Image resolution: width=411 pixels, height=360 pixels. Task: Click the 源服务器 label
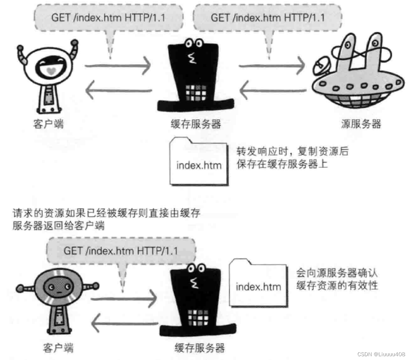coord(361,124)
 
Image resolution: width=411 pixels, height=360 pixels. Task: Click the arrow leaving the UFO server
coord(272,91)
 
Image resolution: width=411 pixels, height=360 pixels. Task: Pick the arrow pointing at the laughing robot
coord(118,90)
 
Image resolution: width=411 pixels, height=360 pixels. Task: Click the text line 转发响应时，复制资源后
coord(292,152)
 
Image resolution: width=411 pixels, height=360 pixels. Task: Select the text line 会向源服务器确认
coord(337,273)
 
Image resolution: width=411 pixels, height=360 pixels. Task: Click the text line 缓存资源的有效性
coord(337,285)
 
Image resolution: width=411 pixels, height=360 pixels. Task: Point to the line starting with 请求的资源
coord(106,213)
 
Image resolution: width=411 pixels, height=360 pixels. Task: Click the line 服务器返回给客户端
coord(58,226)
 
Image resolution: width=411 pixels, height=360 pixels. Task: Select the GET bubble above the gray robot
coord(121,251)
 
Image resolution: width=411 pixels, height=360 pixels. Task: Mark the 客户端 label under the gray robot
coord(58,347)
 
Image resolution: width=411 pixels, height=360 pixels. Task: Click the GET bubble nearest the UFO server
coord(268,17)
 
